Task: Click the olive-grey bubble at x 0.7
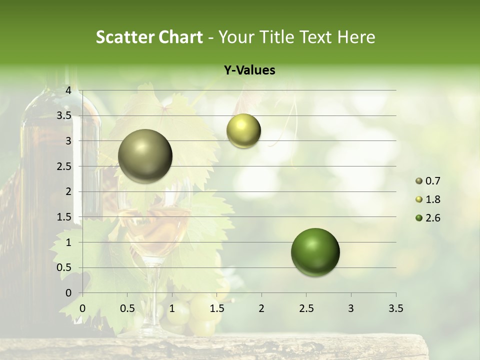[145, 156]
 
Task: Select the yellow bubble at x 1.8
[243, 130]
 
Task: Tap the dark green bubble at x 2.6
[315, 252]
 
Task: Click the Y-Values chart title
[249, 70]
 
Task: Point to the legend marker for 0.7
[419, 181]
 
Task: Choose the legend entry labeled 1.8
[432, 199]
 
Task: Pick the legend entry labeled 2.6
[432, 218]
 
